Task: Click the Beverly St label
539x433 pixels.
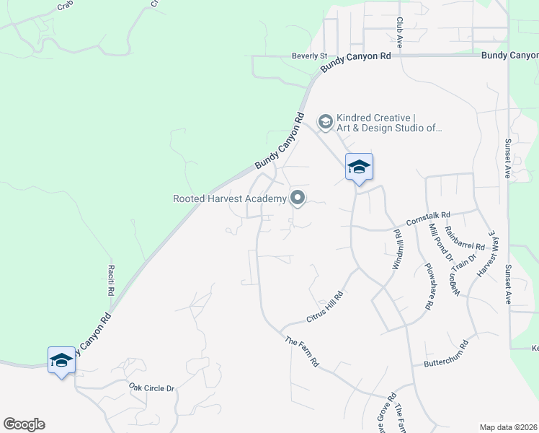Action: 309,56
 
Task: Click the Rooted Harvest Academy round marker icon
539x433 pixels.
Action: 297,198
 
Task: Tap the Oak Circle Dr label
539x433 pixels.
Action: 152,388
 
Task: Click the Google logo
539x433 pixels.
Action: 24,424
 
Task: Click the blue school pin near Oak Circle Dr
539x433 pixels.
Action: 61,359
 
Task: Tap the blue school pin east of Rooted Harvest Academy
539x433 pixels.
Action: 359,167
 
